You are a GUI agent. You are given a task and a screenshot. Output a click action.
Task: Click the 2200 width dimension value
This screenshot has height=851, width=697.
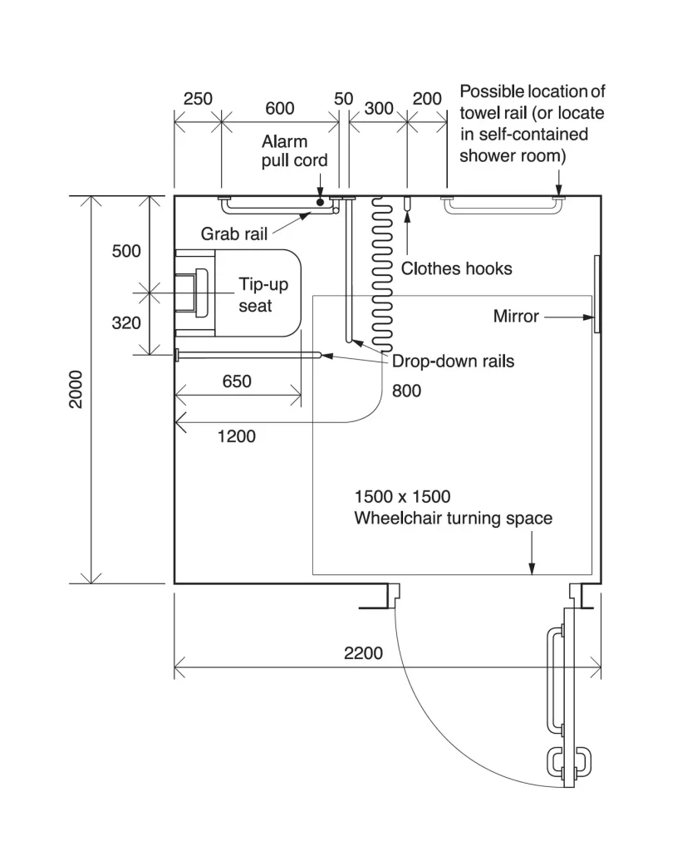point(363,653)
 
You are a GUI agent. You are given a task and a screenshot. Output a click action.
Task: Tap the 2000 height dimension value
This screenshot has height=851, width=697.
point(76,389)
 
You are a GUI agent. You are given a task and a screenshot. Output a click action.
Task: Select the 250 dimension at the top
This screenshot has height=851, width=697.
point(198,99)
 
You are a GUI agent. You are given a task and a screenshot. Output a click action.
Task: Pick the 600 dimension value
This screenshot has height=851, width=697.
point(279,109)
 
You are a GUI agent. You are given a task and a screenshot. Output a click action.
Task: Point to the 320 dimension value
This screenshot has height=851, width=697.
point(126,323)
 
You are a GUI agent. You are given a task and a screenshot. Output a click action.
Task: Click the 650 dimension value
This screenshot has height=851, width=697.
point(237,381)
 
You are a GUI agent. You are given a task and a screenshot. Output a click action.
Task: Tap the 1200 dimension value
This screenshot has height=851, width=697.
point(236,436)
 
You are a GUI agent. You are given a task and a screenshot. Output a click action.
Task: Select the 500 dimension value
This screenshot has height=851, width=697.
point(126,251)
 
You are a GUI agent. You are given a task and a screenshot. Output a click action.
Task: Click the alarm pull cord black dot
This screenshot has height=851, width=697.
point(320,203)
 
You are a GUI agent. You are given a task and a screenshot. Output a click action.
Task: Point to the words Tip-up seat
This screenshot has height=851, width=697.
point(263,295)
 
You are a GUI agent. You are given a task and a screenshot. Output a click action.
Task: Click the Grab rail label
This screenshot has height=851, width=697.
point(233,234)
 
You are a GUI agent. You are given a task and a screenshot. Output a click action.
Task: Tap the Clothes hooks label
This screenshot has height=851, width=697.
point(456,268)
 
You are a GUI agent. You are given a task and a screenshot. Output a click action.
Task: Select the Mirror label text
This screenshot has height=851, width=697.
point(516,317)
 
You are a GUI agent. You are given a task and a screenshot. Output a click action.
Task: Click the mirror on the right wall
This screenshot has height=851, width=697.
point(597,293)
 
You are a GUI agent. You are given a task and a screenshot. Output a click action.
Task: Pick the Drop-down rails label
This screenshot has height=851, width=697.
point(453,362)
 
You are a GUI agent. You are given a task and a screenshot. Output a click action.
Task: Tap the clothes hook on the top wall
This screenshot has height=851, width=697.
point(407,204)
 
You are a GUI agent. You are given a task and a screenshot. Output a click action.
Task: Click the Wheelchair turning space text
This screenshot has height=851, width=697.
point(453,519)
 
